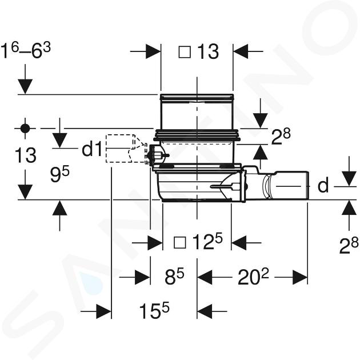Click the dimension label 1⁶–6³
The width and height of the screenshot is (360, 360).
tap(26, 51)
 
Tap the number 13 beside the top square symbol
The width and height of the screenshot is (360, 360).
tap(208, 52)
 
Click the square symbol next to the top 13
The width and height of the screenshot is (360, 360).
tap(185, 52)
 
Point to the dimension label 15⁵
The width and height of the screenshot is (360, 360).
tap(154, 310)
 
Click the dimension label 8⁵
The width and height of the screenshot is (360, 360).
tap(174, 276)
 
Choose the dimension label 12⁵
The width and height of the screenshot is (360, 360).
tap(208, 242)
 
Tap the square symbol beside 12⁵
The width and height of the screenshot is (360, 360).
tap(180, 243)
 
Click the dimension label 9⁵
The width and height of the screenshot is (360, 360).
tap(59, 174)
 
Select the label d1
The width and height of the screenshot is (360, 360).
tap(92, 149)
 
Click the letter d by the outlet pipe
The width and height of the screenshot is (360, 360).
tap(323, 185)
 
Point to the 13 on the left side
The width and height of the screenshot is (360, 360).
tap(25, 155)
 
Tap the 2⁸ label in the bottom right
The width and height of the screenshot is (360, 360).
tap(349, 245)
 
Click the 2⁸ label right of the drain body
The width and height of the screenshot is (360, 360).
tap(281, 137)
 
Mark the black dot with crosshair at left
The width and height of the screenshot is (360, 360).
tap(25, 129)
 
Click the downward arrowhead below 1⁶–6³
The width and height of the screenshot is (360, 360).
tap(25, 86)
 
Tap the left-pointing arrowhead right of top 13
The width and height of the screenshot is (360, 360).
tap(241, 51)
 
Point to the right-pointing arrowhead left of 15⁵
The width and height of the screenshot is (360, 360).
tap(103, 311)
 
